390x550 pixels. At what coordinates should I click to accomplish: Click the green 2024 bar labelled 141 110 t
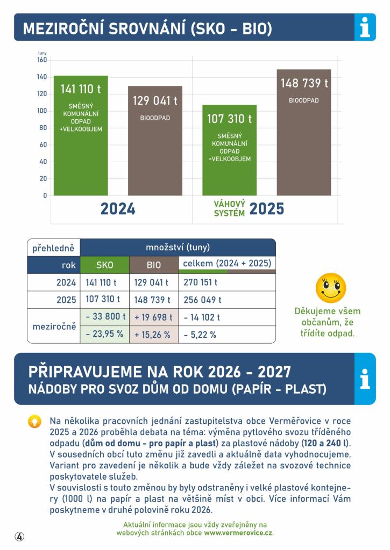81,135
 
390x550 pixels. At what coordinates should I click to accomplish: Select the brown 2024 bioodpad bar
155,141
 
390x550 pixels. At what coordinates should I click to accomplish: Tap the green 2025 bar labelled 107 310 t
230,150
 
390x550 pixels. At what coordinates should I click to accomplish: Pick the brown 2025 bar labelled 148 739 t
304,132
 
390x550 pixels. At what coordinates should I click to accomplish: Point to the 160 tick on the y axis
42,60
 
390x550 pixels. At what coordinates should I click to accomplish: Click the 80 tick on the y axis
43,128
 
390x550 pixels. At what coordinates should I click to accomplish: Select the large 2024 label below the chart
118,209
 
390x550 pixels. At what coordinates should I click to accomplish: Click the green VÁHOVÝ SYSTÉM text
230,209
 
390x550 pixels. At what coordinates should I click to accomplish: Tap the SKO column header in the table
105,265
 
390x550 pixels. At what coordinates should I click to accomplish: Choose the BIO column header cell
154,265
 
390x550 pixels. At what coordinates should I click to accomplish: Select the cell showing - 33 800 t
105,317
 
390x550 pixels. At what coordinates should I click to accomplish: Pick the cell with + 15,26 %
154,335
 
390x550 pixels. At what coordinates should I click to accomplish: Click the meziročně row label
54,326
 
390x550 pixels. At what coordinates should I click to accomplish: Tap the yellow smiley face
331,288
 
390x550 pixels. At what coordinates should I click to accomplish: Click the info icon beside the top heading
365,27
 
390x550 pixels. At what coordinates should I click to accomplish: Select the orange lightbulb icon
34,421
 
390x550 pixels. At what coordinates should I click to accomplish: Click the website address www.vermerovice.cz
238,533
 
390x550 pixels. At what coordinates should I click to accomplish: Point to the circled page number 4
19,536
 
